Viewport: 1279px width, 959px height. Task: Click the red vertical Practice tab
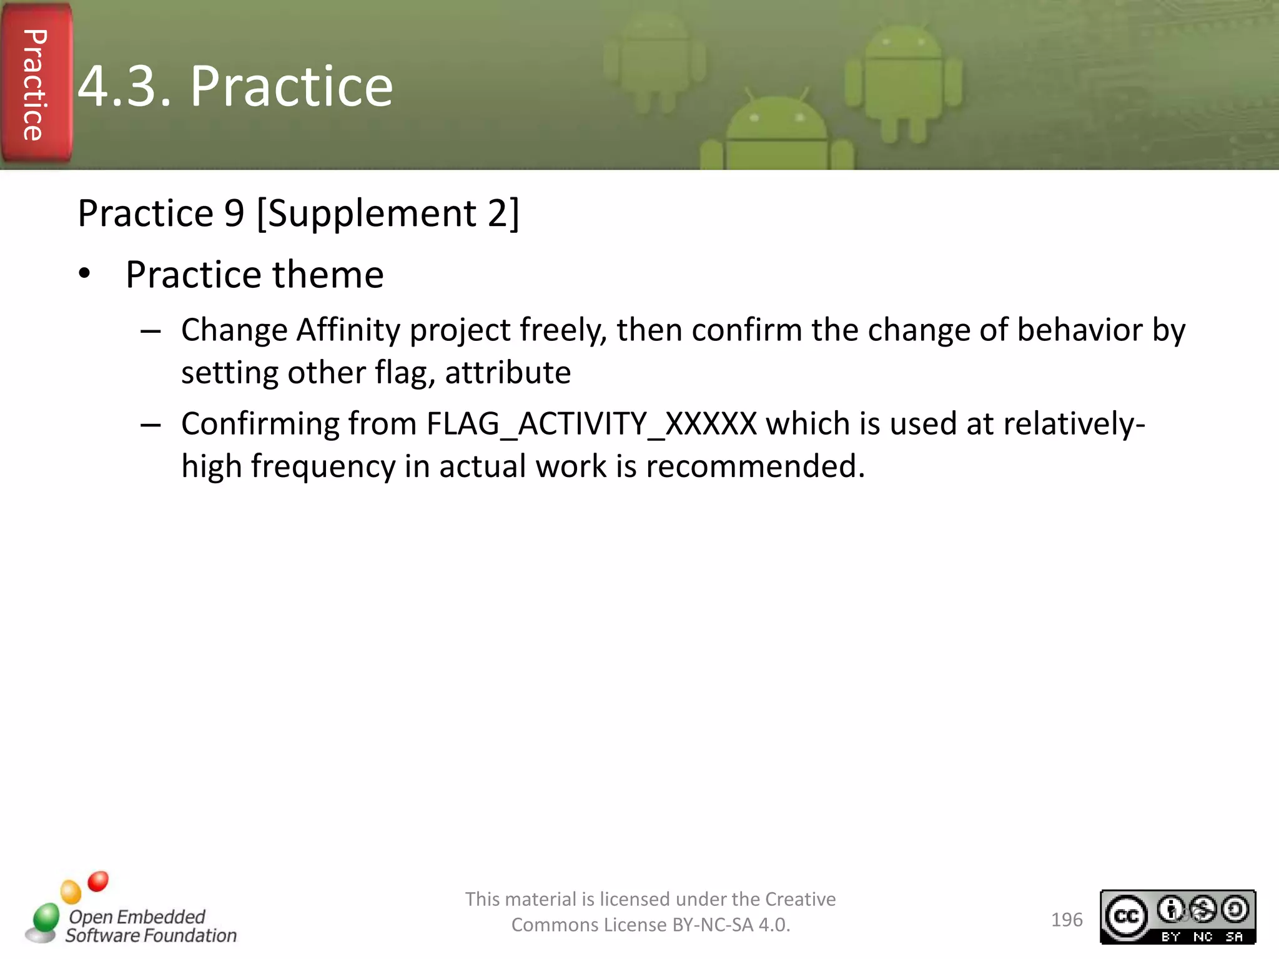[x=36, y=84]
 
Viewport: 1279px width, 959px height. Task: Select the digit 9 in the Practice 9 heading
[x=234, y=214]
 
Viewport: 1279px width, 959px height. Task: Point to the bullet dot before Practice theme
[x=85, y=274]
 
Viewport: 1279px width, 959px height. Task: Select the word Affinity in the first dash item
[x=348, y=330]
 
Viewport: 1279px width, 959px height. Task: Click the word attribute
[x=507, y=373]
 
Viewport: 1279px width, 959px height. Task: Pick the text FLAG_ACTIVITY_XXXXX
[x=591, y=425]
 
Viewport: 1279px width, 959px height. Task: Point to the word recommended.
[x=755, y=466]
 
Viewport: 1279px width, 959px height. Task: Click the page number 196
[x=1066, y=920]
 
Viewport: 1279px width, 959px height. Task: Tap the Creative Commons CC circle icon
[x=1126, y=916]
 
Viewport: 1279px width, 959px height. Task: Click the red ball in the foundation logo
[x=98, y=881]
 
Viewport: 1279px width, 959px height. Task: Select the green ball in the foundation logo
[x=46, y=918]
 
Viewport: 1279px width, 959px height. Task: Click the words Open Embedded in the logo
[x=137, y=917]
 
